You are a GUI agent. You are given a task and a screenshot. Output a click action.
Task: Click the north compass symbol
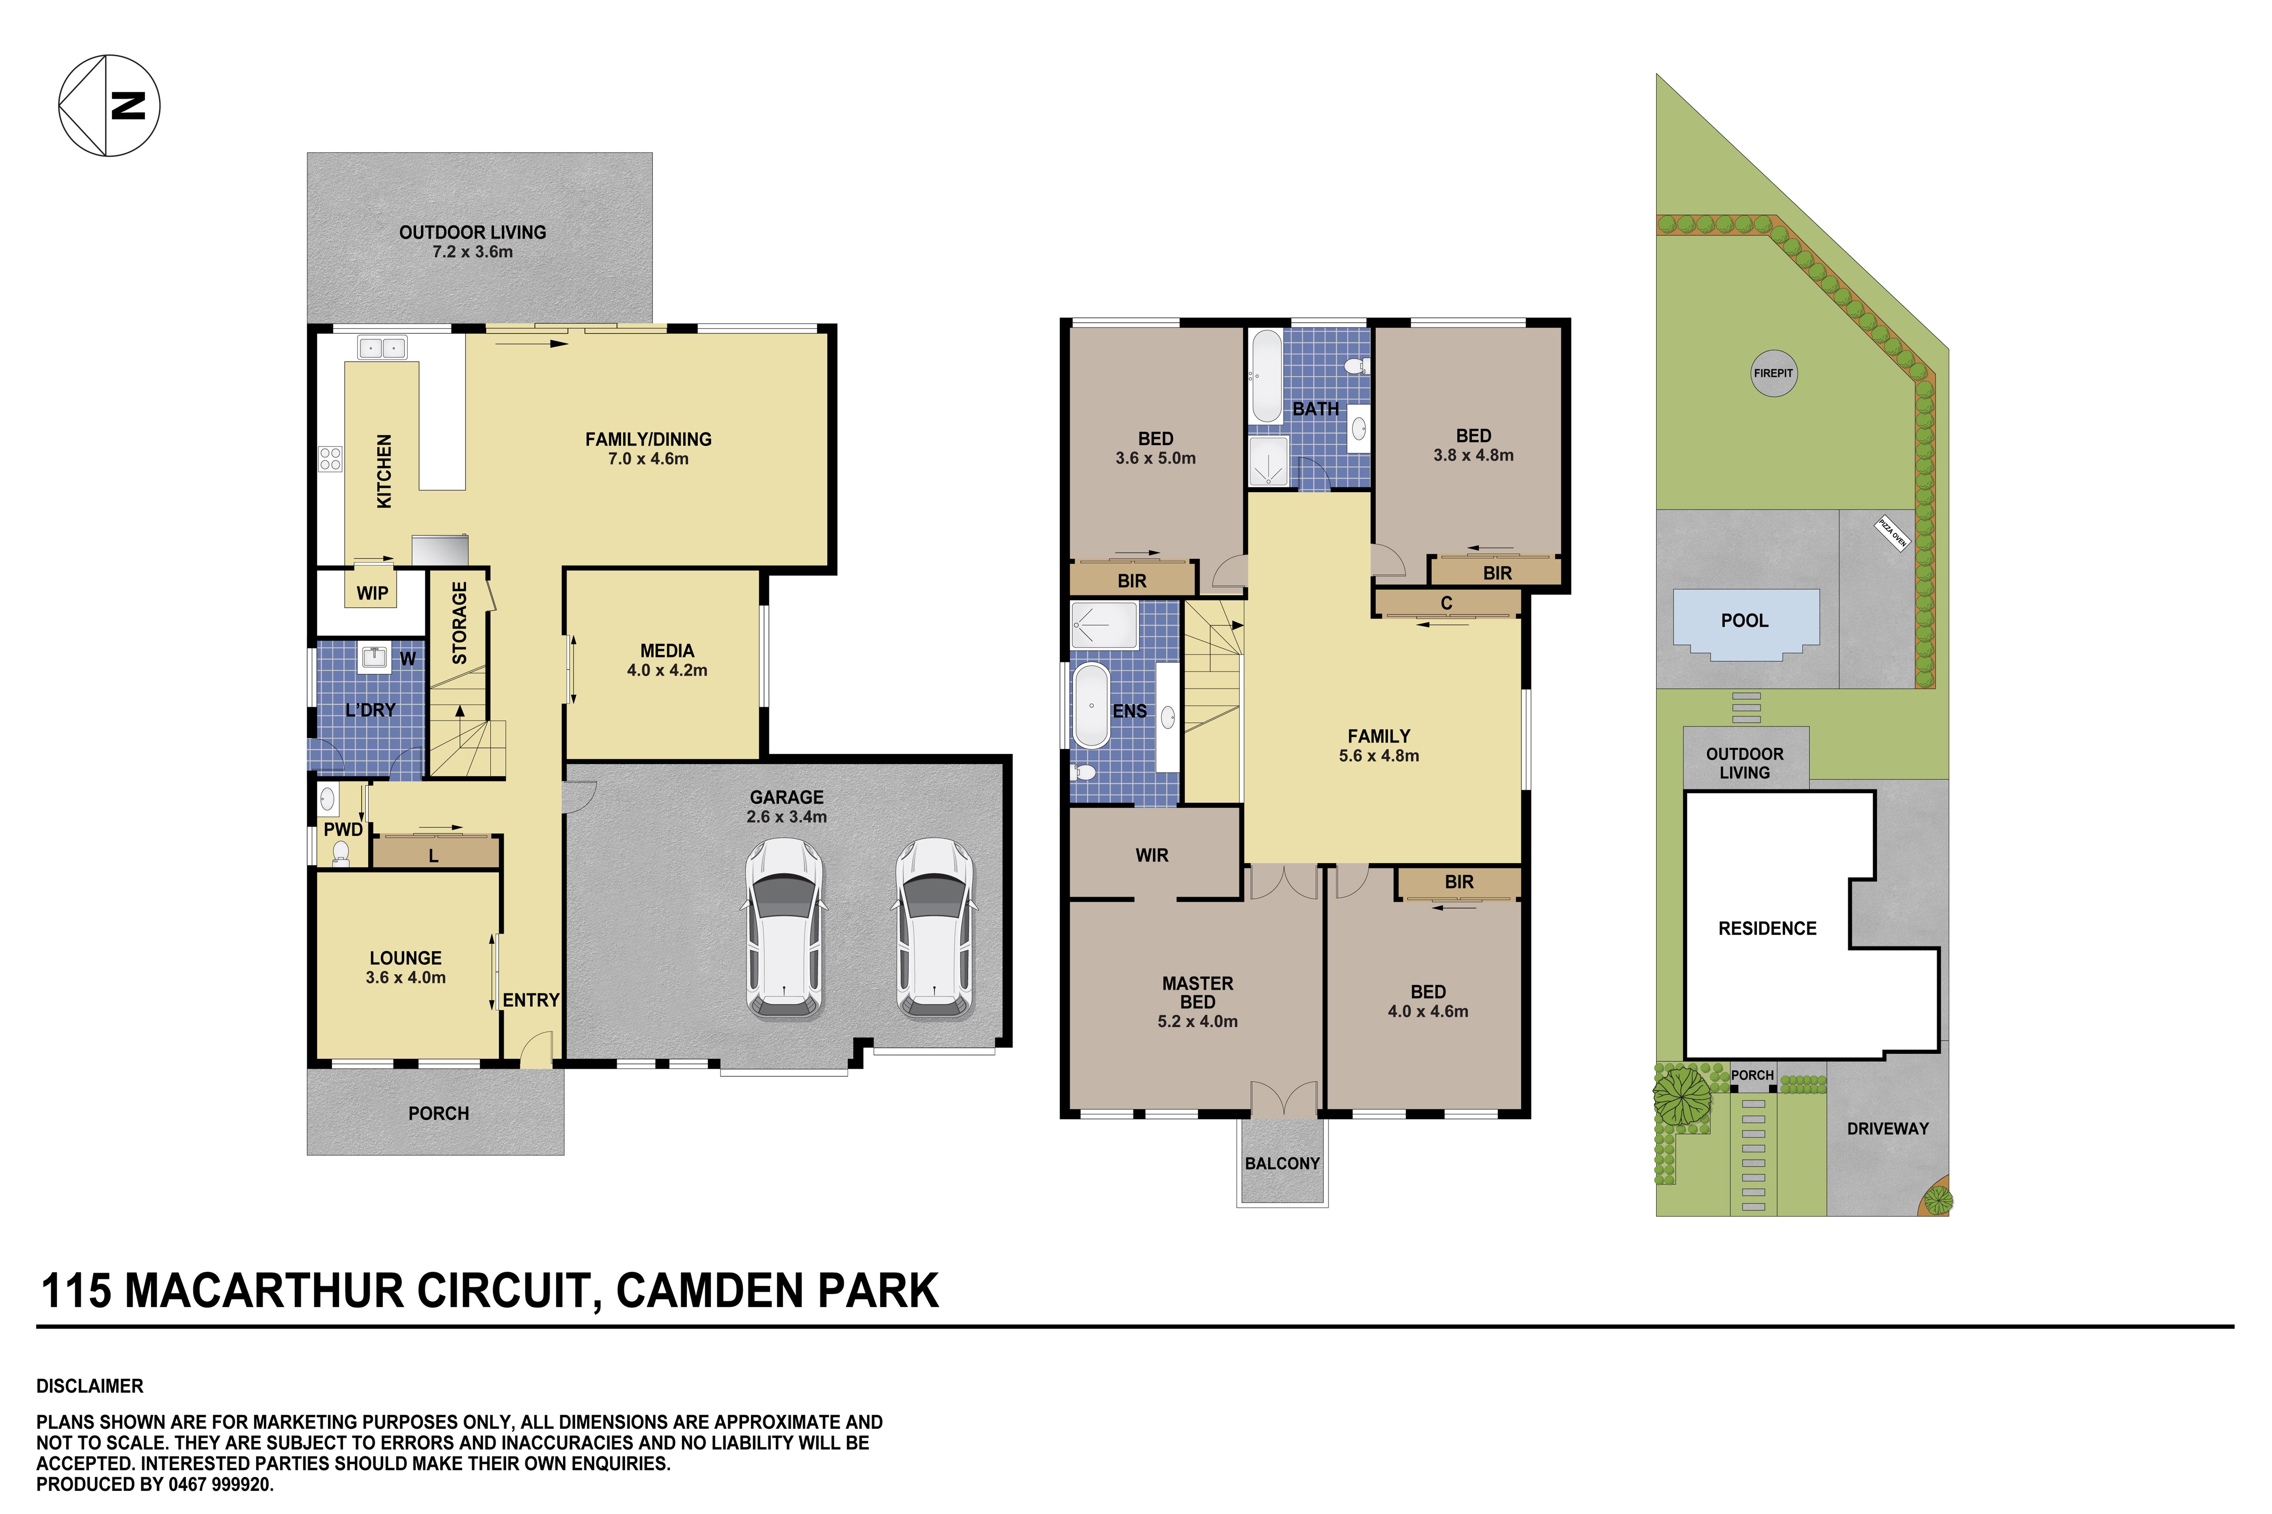pos(109,105)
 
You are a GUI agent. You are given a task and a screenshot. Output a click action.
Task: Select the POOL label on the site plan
pos(1745,621)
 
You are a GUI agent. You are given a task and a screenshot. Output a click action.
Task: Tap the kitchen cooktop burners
pos(330,459)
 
